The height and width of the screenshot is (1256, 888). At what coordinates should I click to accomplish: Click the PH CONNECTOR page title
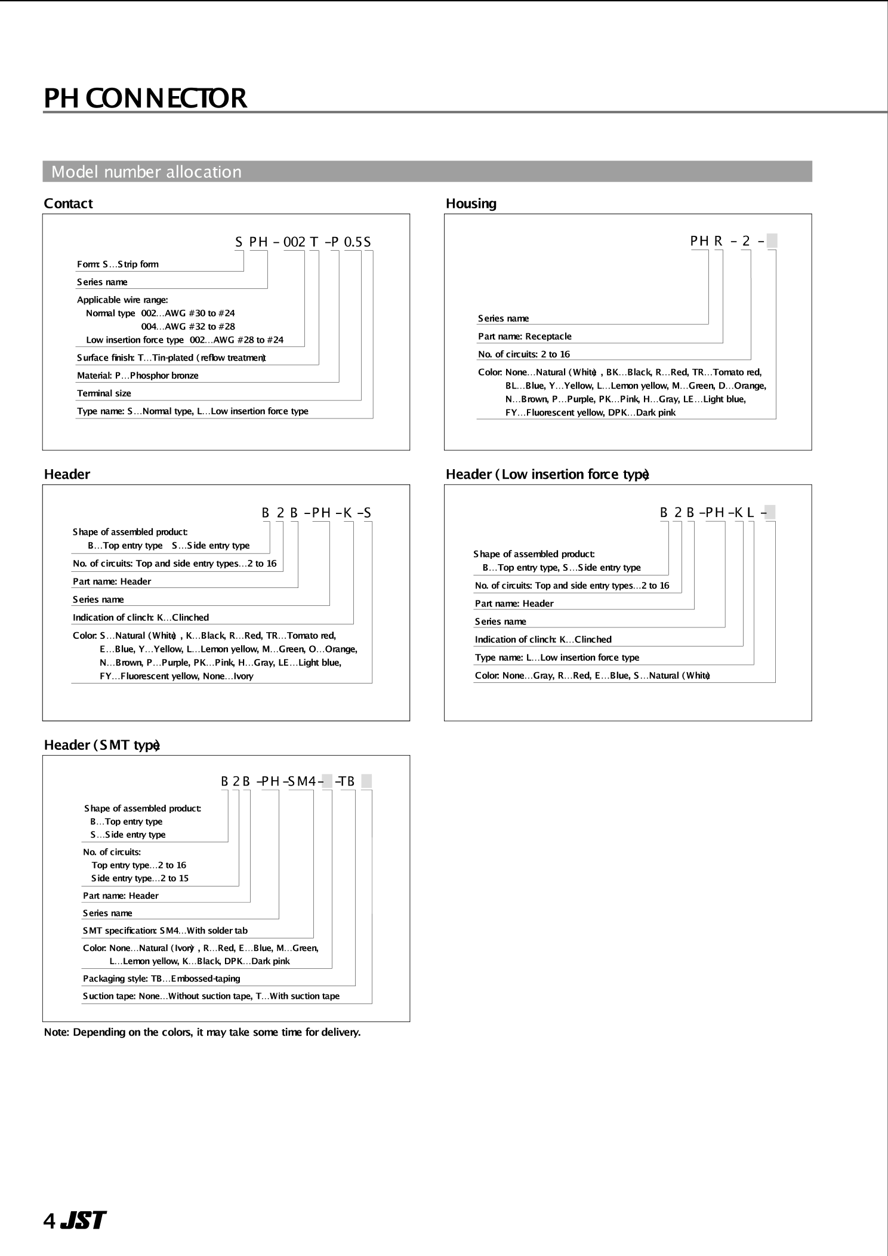point(145,98)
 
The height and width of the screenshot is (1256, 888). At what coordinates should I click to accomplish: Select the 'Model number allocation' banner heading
point(146,172)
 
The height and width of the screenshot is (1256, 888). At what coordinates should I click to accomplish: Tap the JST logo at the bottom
point(82,1220)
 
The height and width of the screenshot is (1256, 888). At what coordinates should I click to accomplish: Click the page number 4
point(49,1221)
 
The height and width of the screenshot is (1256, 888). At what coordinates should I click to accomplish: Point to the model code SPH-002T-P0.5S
point(303,242)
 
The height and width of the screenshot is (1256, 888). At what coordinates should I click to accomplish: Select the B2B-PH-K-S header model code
point(316,513)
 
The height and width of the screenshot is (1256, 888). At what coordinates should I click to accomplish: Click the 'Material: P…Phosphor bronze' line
point(137,375)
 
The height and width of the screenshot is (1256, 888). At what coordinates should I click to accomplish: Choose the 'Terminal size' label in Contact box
point(104,393)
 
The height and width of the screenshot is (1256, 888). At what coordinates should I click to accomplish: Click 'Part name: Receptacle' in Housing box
point(525,337)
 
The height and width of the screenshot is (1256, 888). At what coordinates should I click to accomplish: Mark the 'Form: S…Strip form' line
point(118,264)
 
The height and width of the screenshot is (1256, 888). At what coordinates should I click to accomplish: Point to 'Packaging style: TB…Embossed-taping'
point(161,978)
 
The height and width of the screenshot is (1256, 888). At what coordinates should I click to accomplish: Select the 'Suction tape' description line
point(211,996)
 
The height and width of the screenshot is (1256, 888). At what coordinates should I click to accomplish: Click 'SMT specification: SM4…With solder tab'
point(165,930)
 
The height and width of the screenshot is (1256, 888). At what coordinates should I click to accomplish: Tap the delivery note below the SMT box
point(202,1032)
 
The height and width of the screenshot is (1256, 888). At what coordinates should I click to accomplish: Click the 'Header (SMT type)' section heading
point(101,745)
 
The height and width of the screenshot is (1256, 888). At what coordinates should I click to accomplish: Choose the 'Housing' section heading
point(471,204)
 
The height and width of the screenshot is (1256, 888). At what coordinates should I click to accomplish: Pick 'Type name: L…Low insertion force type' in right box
point(557,657)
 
